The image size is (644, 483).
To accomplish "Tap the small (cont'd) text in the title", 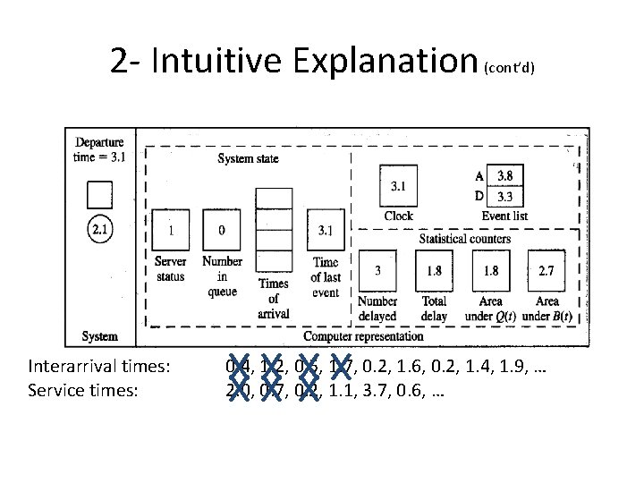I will coord(510,68).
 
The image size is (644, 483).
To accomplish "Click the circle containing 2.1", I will coord(100,230).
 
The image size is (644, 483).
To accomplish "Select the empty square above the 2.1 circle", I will coord(99,194).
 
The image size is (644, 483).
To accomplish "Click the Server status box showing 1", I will coord(170,231).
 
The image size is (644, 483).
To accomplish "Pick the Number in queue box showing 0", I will coord(221,231).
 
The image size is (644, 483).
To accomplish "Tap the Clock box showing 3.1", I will coord(398,187).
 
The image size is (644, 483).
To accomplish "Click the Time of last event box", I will coord(325,231).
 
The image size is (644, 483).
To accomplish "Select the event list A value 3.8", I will coord(504,176).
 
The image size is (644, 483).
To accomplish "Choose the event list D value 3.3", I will coord(504,195).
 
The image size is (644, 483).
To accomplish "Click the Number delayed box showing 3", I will coord(378,270).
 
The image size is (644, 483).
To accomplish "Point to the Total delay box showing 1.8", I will coord(435,270).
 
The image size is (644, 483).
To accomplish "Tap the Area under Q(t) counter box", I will coord(490,270).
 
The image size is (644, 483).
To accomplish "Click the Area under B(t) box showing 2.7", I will coord(547,270).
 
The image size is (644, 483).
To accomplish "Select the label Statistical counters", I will coord(465,239).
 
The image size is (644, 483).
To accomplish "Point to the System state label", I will coord(248,158).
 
